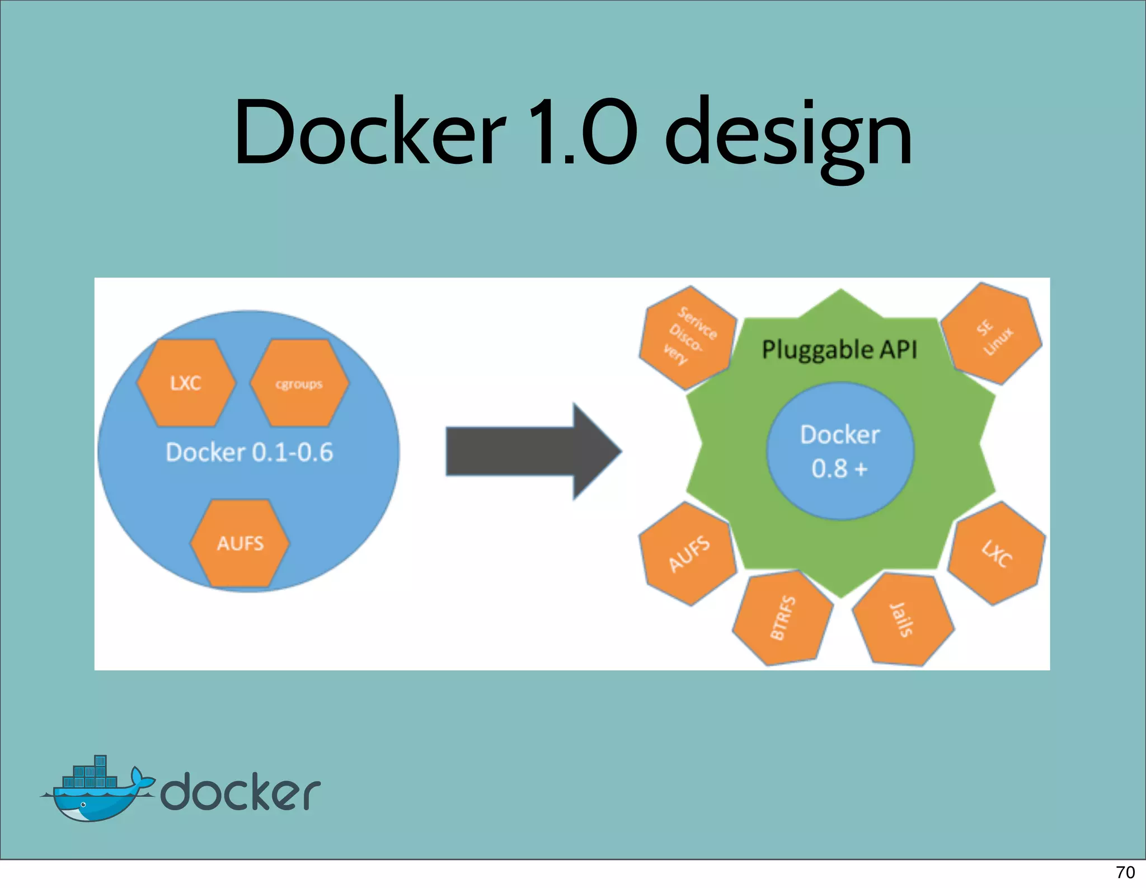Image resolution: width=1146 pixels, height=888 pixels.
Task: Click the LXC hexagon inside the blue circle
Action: tap(186, 383)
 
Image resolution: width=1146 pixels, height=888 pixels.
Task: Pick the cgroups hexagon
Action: tap(299, 383)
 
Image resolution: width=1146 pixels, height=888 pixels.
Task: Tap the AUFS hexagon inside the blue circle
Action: tap(240, 543)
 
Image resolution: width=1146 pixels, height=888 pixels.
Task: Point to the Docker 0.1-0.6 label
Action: tap(249, 452)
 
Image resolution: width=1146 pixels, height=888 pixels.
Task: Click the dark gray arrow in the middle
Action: tap(532, 451)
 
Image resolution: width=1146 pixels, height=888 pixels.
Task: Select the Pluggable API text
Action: tap(839, 350)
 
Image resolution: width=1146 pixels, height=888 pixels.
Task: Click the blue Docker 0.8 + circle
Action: tap(839, 451)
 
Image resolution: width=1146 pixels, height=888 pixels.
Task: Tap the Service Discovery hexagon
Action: tap(688, 337)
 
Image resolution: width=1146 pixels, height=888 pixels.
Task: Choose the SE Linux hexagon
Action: tap(992, 335)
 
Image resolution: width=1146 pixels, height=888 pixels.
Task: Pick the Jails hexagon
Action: tap(903, 619)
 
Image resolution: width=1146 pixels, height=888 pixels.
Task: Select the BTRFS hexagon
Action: tap(783, 618)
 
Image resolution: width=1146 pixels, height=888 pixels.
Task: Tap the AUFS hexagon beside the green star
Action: tap(688, 553)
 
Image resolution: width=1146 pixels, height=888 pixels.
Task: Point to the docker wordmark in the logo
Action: tap(241, 792)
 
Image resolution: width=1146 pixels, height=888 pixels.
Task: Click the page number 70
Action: tap(1125, 872)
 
